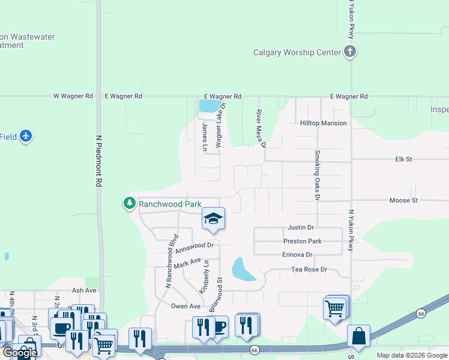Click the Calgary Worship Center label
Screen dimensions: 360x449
coord(297,52)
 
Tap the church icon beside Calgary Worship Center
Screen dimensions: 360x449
coord(350,52)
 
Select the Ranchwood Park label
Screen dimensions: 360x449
coord(170,204)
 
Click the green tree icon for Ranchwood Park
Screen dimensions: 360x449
coord(129,204)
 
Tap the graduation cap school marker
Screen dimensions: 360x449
coord(213,219)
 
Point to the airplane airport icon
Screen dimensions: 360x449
coord(25,136)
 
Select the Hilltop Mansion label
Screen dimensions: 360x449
coord(324,123)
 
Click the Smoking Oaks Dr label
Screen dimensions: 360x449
coord(318,175)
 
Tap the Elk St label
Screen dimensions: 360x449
coord(403,160)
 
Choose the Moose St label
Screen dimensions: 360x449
coord(403,200)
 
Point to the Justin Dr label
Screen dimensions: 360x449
coord(301,228)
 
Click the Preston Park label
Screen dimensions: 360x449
coord(302,241)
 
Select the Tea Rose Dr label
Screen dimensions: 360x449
coord(309,269)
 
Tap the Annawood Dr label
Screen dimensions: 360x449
coord(194,245)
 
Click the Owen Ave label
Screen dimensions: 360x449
coord(185,306)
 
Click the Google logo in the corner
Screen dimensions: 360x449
coord(20,353)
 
